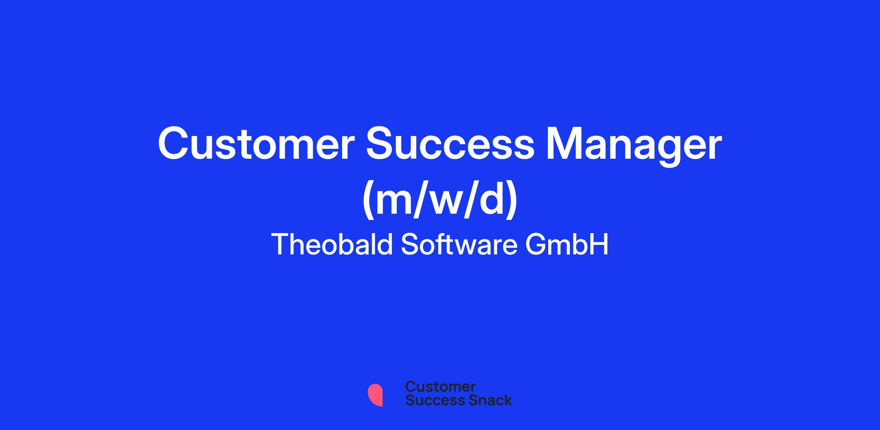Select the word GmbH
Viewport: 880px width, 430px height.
567,244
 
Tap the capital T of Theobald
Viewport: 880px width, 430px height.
281,244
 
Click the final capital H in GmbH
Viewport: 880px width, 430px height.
599,244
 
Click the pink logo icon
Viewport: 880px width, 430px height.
375,395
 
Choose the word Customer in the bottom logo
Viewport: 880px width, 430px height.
440,386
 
